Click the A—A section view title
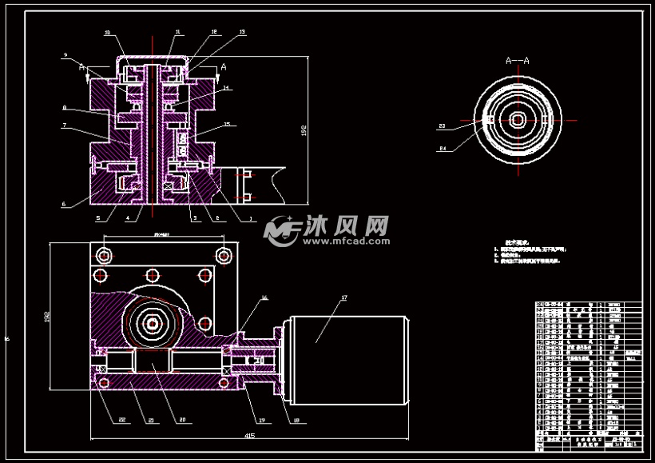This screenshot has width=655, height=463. point(518,60)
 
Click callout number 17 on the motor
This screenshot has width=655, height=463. point(344,298)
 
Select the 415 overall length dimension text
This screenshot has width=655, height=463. point(250,436)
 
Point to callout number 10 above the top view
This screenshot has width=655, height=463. point(108,33)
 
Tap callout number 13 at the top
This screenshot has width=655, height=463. point(220,33)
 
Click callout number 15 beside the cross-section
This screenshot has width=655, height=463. point(228,124)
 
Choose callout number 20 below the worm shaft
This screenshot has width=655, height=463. point(182,419)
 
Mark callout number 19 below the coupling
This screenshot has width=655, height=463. point(261,419)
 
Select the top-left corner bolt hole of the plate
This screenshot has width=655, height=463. point(104,255)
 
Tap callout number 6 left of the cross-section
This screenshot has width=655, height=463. point(64,204)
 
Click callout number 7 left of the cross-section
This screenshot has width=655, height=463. point(64,125)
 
